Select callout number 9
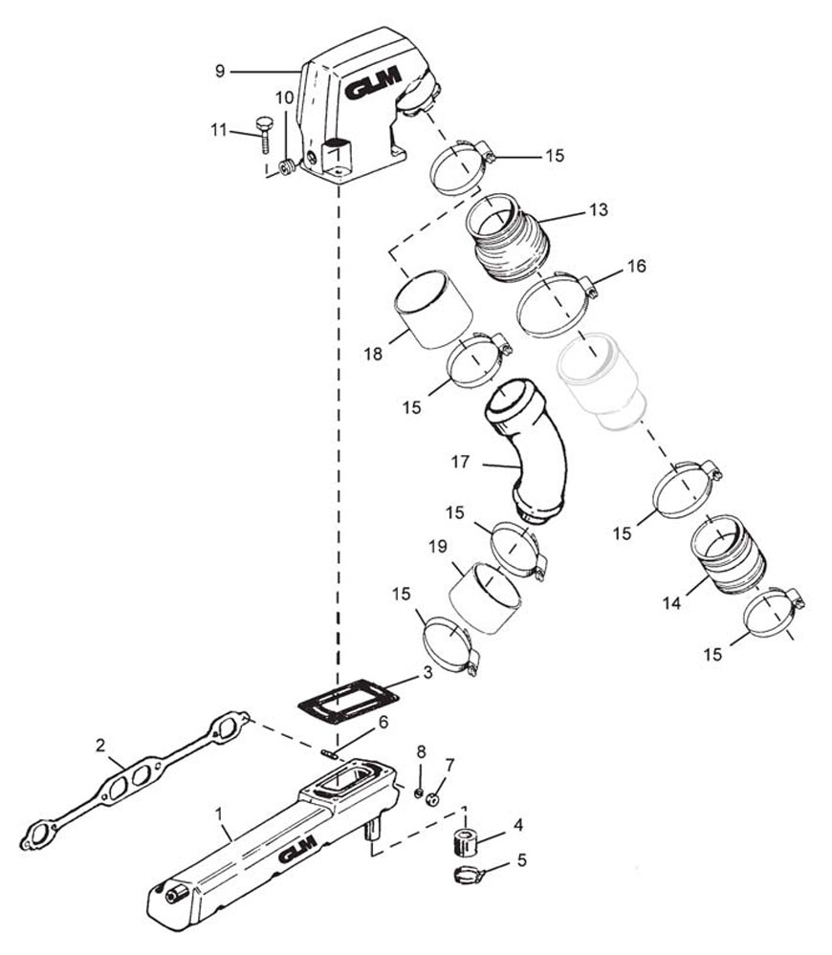click(x=220, y=72)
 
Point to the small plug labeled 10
click(x=287, y=165)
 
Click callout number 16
click(x=637, y=266)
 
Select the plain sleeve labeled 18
click(x=433, y=309)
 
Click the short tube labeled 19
click(x=486, y=597)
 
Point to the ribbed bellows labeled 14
click(x=729, y=554)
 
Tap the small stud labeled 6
click(x=331, y=755)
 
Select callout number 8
click(x=421, y=751)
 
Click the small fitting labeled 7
click(x=433, y=798)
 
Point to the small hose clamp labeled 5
click(x=469, y=876)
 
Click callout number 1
click(x=219, y=813)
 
